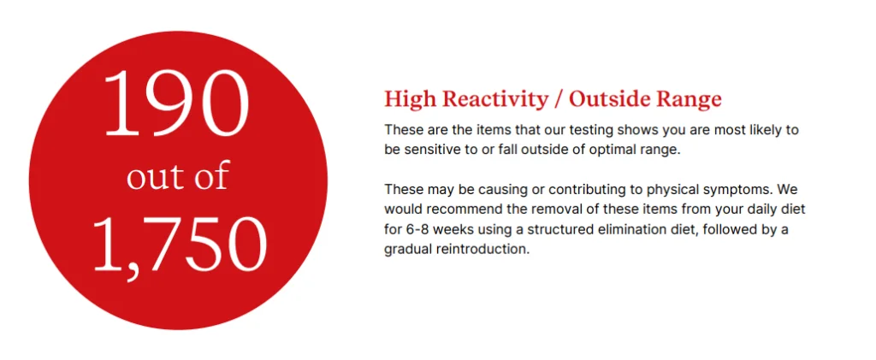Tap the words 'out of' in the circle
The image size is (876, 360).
[x=178, y=176]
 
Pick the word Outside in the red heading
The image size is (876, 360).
[x=610, y=99]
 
